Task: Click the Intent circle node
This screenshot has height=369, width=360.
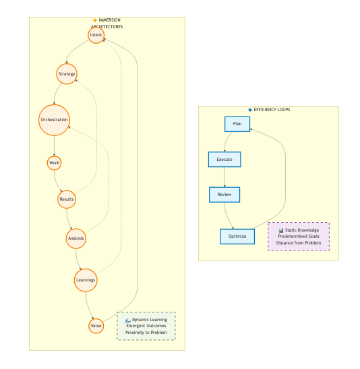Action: point(96,34)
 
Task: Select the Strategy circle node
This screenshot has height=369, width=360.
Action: point(67,73)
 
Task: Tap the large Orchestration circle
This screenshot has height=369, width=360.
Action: point(54,120)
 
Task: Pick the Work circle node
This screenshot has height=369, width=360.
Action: point(55,163)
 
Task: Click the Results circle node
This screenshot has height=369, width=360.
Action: point(66,199)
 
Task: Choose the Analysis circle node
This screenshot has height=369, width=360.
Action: point(76,238)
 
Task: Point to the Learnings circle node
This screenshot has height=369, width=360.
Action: point(86,279)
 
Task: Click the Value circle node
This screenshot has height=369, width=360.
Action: point(96,326)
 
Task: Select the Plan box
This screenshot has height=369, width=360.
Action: point(237,124)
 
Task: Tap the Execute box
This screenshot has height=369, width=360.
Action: point(224,160)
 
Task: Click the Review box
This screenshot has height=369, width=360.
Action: point(224,195)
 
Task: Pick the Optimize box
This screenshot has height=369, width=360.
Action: point(237,236)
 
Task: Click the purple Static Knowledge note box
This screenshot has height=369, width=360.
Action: point(298,236)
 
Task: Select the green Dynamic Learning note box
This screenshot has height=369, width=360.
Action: point(146,326)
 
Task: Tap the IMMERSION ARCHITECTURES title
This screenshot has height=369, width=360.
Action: point(107,24)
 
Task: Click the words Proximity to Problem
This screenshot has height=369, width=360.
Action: point(146,333)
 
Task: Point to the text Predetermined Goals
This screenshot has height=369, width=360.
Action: point(298,236)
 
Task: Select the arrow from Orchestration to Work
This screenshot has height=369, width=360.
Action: point(54,147)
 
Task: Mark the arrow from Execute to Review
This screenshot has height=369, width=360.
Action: point(224,177)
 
